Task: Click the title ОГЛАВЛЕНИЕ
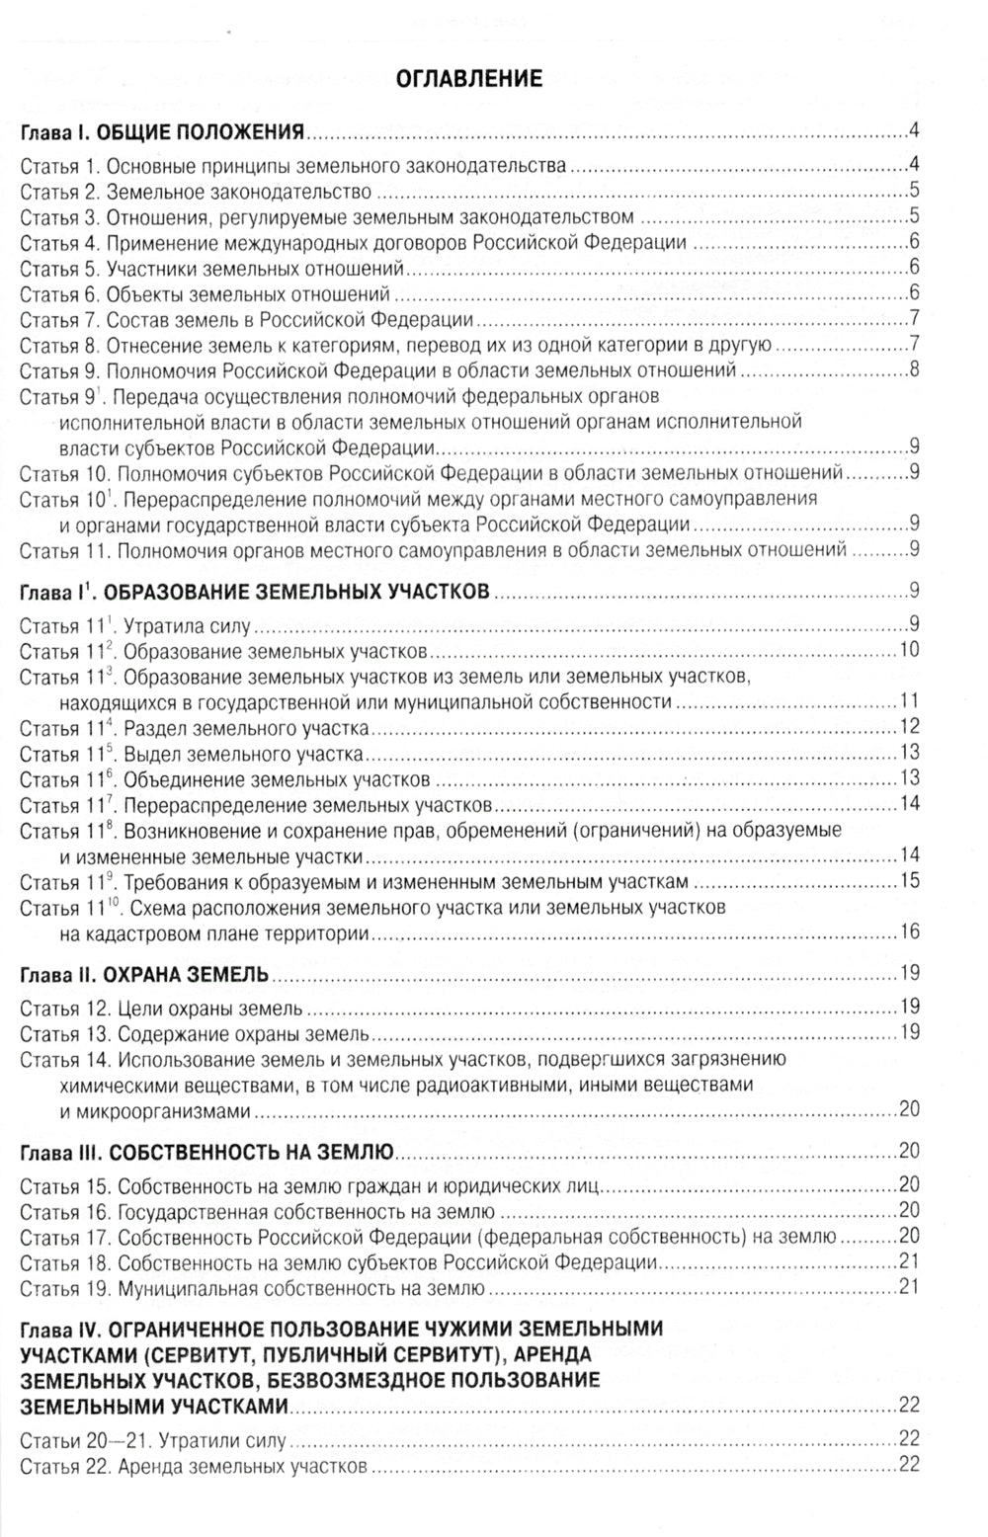(468, 79)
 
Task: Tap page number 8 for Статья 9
(914, 370)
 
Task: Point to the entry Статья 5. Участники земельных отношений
(212, 268)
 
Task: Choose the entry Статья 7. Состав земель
(246, 319)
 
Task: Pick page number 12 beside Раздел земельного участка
(909, 727)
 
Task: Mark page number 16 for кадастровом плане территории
(909, 931)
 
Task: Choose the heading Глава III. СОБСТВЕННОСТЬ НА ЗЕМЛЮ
(207, 1151)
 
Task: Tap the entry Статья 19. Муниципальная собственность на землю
(252, 1287)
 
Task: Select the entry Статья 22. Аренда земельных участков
(193, 1466)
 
